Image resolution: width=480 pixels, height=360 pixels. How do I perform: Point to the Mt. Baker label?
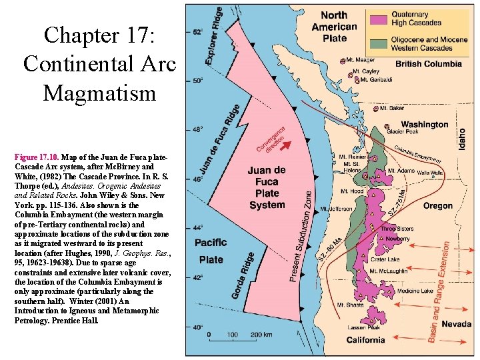(392, 108)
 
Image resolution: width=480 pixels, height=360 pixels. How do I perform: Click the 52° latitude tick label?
(198, 32)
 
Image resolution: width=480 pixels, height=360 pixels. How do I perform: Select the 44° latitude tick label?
(198, 228)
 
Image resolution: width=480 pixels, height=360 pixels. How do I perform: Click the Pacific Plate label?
(211, 251)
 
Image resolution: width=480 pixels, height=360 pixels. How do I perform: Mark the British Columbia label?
(429, 64)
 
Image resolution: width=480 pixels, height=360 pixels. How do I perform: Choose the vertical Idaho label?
(462, 138)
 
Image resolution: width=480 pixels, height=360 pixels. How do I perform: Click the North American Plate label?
(334, 27)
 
